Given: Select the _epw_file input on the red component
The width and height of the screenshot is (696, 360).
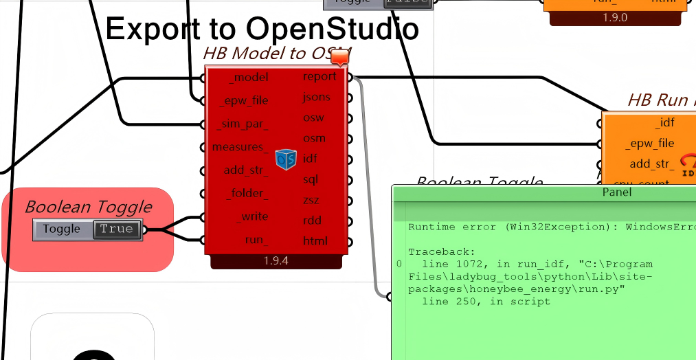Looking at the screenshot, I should pos(244,101).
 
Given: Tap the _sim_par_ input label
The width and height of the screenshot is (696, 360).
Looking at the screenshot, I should pos(242,124).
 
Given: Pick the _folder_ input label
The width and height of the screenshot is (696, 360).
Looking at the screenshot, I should pos(247,193).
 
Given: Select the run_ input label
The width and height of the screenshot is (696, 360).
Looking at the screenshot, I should pos(256,240).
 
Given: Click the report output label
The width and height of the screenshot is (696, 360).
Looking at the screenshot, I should pos(319,76).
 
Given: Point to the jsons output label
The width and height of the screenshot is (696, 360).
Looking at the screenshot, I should pos(316,97).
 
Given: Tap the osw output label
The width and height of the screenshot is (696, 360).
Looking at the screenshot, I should pos(314,117).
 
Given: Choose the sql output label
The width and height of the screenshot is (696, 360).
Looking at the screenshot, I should pos(311,179).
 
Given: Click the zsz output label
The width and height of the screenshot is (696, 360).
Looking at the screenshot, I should pos(312,200).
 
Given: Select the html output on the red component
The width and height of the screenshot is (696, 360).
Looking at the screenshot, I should pos(315,241).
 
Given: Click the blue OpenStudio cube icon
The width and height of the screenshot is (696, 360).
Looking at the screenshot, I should pos(286,159).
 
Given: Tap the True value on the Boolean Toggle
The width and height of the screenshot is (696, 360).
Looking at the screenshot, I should pos(117,229).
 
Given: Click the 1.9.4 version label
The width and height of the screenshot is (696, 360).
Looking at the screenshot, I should pos(276,261).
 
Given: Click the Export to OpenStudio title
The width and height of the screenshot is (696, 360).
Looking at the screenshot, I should pos(262,29).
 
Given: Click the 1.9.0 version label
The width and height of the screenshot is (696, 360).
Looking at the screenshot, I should pos(615,17).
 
